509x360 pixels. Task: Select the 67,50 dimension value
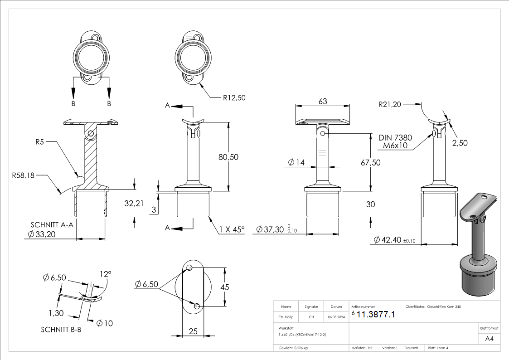click(370, 162)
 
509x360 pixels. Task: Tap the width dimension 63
click(323, 102)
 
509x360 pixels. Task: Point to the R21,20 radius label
click(390, 104)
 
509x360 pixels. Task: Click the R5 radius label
click(40, 142)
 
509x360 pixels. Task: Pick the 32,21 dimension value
click(134, 204)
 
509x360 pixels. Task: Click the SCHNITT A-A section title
click(52, 224)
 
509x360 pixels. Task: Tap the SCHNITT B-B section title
click(61, 330)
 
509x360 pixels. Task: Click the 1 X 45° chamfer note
click(232, 229)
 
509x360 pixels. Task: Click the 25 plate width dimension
click(193, 331)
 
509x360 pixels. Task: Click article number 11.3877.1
click(376, 314)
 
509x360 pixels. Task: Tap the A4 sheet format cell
click(489, 339)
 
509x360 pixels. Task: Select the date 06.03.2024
click(336, 317)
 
